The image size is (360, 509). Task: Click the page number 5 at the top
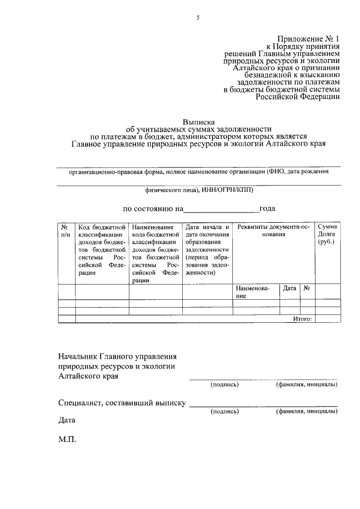(x=197, y=18)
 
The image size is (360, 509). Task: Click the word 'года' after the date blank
(x=267, y=209)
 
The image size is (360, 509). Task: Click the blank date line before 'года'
(x=222, y=210)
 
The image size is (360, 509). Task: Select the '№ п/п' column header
(x=66, y=231)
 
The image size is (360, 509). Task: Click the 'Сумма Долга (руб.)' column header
(x=327, y=234)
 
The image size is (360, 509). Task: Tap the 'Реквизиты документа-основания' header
(x=273, y=231)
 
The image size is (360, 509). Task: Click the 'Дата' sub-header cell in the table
(x=290, y=288)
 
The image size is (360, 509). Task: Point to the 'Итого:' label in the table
(x=303, y=319)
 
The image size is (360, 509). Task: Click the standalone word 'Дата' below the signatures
(x=66, y=420)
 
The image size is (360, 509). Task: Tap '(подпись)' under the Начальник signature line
(x=224, y=385)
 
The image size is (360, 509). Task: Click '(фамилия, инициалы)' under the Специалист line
(x=307, y=412)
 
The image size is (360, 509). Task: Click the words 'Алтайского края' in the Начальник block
(x=88, y=376)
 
